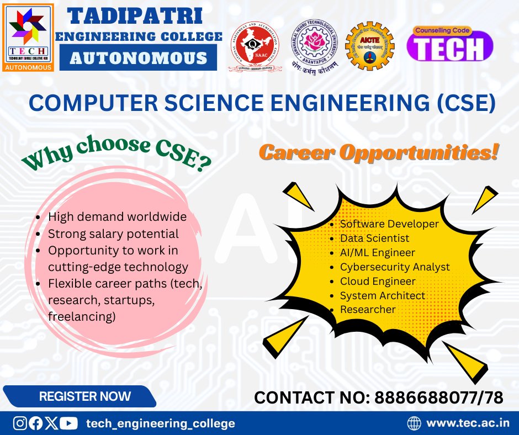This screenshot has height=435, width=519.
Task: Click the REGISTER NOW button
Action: pyautogui.click(x=84, y=396)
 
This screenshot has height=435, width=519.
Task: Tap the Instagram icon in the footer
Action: pyautogui.click(x=20, y=423)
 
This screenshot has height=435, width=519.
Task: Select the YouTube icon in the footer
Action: pyautogui.click(x=68, y=423)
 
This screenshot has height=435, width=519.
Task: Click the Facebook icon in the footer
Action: pyautogui.click(x=35, y=423)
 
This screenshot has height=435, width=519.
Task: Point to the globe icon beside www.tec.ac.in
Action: pyautogui.click(x=414, y=423)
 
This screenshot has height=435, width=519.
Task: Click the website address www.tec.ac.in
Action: pyautogui.click(x=468, y=423)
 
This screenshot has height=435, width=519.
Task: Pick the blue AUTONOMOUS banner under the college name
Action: pyautogui.click(x=139, y=58)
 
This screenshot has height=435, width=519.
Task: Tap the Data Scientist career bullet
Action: pyautogui.click(x=374, y=238)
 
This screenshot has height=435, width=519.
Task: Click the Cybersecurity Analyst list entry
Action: pyautogui.click(x=394, y=267)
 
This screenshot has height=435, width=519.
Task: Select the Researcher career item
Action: pyautogui.click(x=367, y=310)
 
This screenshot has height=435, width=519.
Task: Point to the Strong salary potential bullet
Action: pyautogui.click(x=113, y=234)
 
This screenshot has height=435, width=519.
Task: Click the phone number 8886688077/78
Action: pyautogui.click(x=438, y=397)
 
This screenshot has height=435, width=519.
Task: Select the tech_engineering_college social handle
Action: pyautogui.click(x=161, y=423)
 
